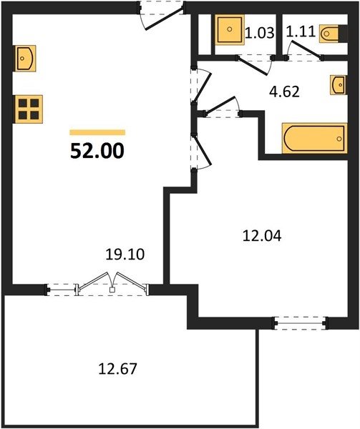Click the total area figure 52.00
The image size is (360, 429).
click(x=97, y=151)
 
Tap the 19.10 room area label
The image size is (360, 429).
click(x=125, y=255)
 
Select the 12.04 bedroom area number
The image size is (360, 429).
click(x=262, y=236)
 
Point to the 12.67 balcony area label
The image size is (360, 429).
click(x=117, y=368)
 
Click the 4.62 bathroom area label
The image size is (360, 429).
click(x=284, y=92)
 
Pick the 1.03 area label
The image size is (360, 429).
click(x=260, y=33)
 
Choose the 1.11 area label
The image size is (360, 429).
click(x=301, y=31)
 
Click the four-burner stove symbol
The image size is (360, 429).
click(x=29, y=109)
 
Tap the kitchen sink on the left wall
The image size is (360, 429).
click(x=25, y=59)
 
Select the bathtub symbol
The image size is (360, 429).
click(x=315, y=138)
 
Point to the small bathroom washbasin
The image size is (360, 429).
click(x=339, y=85)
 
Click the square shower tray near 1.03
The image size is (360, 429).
click(x=230, y=29)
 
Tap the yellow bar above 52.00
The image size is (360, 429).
click(x=97, y=132)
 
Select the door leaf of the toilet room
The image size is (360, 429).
click(x=306, y=49)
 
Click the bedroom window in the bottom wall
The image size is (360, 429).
click(x=301, y=323)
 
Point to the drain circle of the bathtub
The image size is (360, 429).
click(x=339, y=139)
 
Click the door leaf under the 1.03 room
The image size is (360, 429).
click(x=253, y=66)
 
